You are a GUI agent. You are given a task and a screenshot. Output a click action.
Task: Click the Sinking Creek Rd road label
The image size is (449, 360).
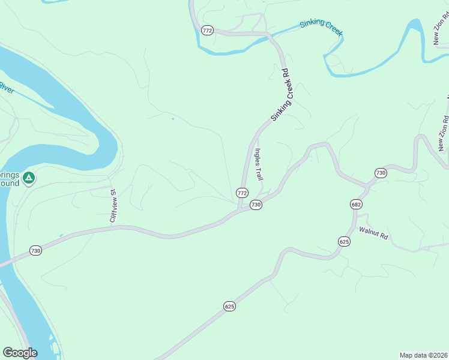pos(280,95)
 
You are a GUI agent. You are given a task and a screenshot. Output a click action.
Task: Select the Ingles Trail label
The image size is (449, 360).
pos(259,165)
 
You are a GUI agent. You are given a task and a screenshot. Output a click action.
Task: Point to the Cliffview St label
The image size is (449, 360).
pos(113,205)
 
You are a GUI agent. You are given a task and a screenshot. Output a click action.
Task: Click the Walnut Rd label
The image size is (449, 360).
pos(374,234)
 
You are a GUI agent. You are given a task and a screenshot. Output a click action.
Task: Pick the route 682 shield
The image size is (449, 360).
pos(356,205)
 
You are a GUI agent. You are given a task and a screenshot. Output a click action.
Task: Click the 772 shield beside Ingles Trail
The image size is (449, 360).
pos(242,193)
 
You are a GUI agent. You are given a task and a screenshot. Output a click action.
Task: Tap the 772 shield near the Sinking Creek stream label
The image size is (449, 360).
pos(208,31)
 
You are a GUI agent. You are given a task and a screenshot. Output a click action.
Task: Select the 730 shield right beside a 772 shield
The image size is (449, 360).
pos(256,205)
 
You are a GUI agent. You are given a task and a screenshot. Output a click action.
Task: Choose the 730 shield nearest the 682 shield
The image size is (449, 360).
pos(380,173)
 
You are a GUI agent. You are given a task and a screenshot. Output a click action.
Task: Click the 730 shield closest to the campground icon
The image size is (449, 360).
pos(35,250)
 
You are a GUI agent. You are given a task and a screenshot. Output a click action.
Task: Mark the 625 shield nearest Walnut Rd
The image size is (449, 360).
pos(344,241)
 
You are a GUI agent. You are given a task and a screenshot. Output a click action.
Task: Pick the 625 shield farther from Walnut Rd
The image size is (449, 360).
pos(229,306)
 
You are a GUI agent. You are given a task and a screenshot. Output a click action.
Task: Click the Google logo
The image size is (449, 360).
pos(20,353)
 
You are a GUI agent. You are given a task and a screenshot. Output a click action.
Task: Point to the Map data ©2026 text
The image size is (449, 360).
pos(423,355)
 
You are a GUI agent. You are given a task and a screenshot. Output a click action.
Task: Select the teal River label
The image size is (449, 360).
pos(7,88)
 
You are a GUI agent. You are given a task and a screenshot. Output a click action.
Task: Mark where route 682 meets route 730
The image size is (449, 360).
pos(366,185)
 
